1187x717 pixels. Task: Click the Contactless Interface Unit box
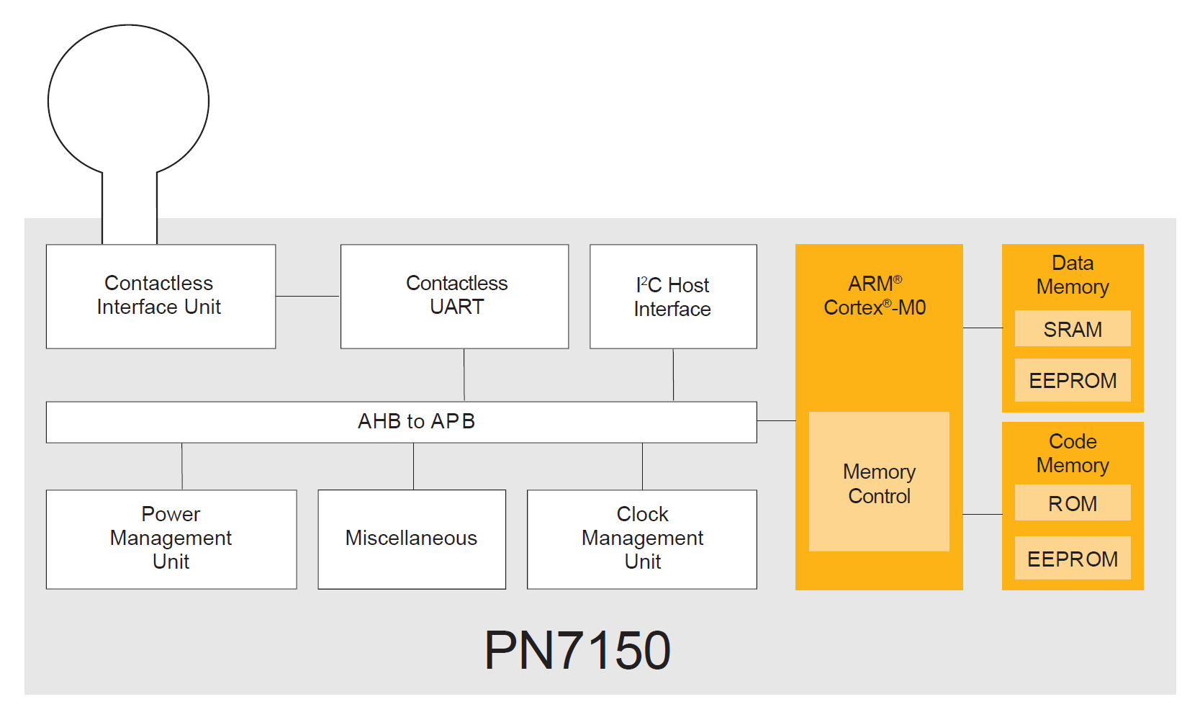161,296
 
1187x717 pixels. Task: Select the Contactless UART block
454,296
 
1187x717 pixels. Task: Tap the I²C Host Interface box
673,296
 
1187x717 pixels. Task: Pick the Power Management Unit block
171,538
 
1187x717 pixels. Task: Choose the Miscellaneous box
412,538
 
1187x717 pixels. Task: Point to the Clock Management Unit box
642,538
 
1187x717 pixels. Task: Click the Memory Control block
879,482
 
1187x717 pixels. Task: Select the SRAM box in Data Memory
1073,329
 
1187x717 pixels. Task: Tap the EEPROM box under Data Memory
1073,380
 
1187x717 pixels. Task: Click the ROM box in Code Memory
1073,503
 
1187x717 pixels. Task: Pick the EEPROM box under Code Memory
1073,559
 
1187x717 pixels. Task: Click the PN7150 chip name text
577,651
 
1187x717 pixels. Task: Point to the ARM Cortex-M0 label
875,296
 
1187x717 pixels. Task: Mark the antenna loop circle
128,101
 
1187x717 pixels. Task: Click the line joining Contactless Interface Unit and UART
308,296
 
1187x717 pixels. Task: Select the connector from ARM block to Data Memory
983,328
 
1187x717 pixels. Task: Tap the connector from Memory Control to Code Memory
983,514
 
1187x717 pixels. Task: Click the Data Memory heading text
1073,275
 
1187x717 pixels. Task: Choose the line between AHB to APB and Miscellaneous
413,466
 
